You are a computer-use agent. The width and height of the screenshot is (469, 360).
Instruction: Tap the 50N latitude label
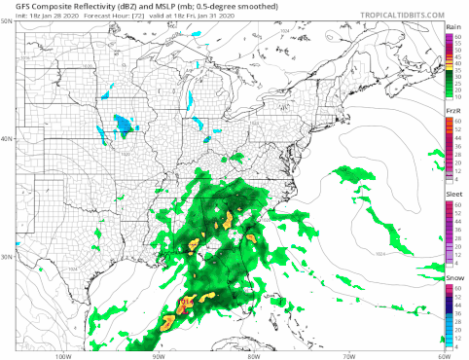pos(7,20)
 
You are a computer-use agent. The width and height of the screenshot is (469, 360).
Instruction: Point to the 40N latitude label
pos(7,139)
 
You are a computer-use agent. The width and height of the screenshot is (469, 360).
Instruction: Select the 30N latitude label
pos(7,257)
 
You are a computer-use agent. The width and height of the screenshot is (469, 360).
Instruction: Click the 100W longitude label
pos(65,355)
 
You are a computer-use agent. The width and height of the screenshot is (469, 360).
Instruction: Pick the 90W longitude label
pos(159,355)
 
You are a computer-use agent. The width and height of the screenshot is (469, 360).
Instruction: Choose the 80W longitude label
pos(253,355)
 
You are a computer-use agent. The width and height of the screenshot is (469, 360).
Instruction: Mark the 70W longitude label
pos(347,355)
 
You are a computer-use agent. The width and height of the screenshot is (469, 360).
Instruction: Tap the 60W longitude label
pos(442,355)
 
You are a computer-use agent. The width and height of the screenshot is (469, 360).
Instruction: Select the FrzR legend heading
pos(452,110)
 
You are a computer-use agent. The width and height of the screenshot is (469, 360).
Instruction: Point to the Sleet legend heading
pos(452,194)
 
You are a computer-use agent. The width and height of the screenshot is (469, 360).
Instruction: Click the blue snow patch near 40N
pos(123,124)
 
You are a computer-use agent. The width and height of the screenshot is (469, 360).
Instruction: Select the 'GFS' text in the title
pos(12,5)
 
